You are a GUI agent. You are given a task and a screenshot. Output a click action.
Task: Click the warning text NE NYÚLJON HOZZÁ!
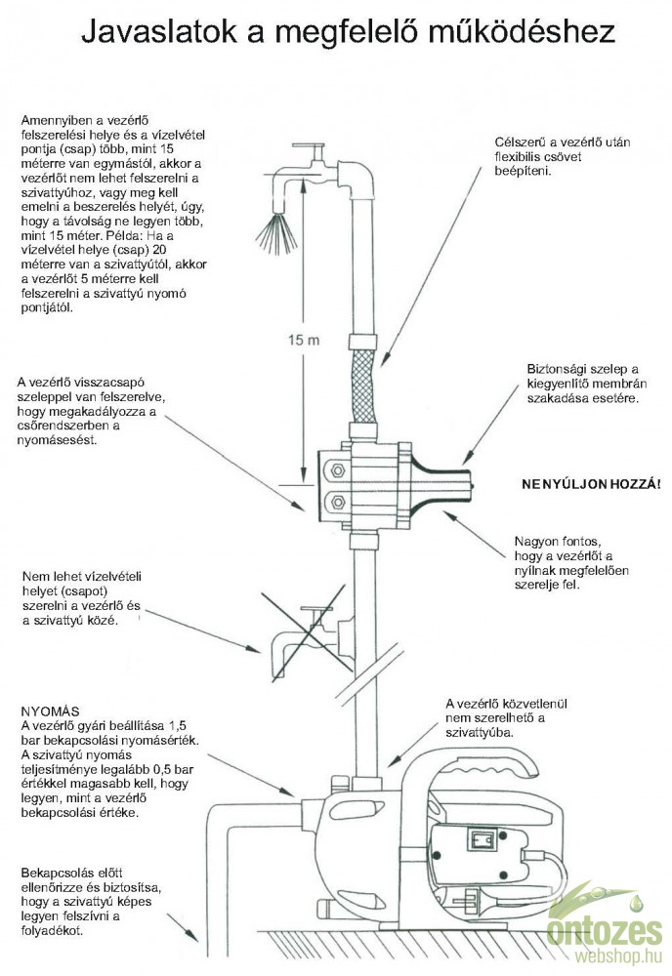(590, 483)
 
